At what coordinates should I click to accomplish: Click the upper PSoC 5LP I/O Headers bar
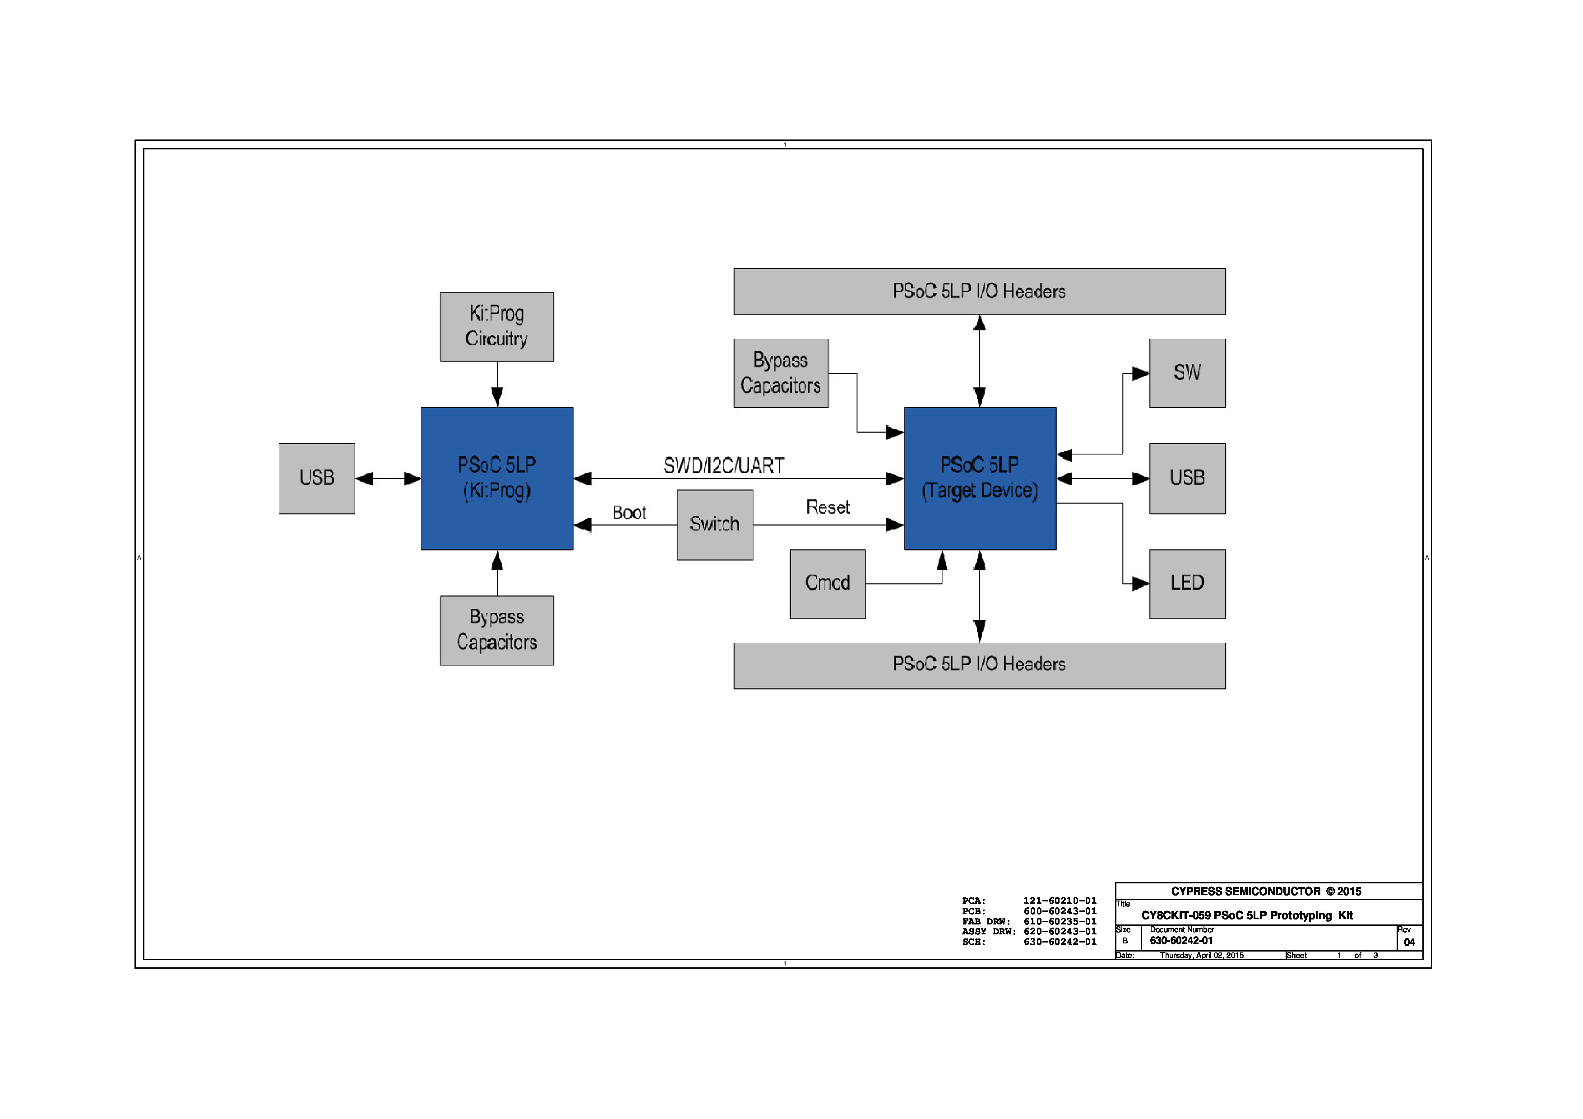979,292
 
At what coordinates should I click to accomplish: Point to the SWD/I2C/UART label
724,466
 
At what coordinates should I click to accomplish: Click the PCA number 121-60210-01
1060,901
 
